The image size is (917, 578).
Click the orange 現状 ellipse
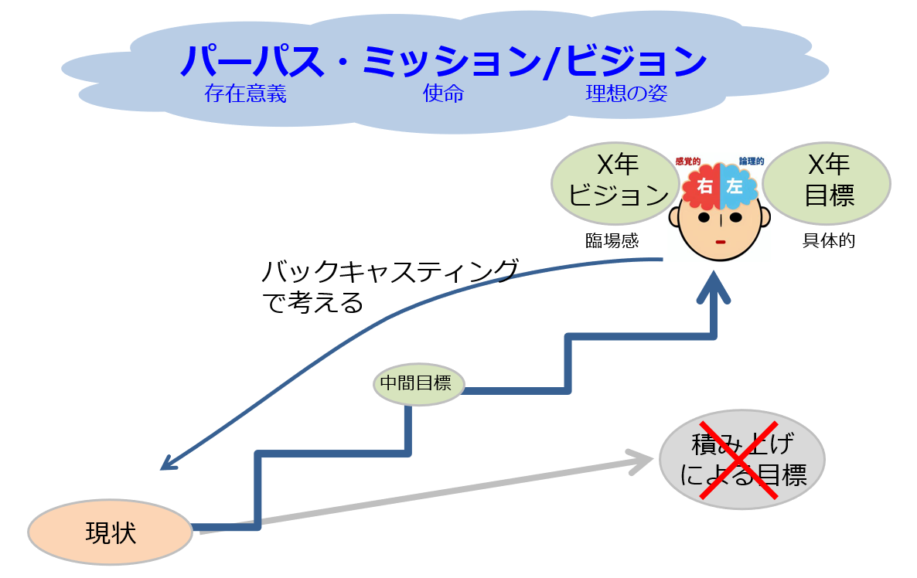[110, 532]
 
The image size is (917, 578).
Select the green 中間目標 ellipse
[418, 382]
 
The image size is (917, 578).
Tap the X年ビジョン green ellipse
[615, 182]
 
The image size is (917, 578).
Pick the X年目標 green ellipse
[827, 182]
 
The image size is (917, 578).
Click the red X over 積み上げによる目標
[738, 461]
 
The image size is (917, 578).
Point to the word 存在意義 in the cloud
[246, 94]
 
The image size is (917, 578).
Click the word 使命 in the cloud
[443, 94]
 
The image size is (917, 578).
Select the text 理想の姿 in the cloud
[626, 94]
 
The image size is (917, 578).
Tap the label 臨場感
[612, 240]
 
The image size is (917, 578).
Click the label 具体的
[829, 240]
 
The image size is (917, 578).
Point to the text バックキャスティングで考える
[387, 287]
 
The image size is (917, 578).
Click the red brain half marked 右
[702, 186]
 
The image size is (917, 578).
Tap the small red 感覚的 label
[687, 161]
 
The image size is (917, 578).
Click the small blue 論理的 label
[752, 161]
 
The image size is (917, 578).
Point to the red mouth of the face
[719, 243]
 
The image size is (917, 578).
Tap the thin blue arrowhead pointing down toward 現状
[167, 463]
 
